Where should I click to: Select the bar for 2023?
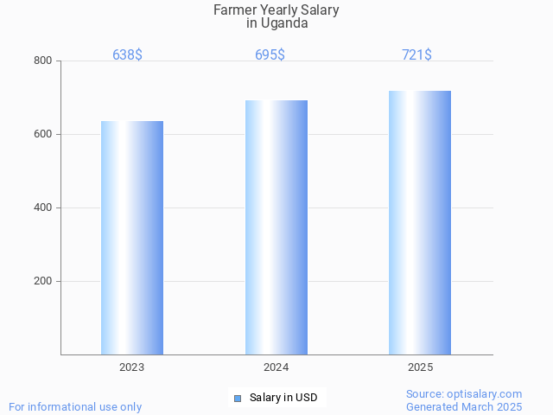click(x=132, y=238)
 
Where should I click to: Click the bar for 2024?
click(x=276, y=227)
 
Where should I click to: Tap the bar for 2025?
click(x=420, y=222)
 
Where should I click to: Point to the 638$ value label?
click(x=127, y=55)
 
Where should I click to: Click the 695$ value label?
click(x=270, y=55)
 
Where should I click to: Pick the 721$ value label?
click(x=416, y=55)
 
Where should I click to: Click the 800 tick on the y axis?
click(x=42, y=61)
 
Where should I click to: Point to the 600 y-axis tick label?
click(x=42, y=134)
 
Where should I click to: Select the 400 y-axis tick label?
click(x=42, y=207)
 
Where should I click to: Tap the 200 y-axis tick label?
click(x=42, y=281)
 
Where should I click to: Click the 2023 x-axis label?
click(x=132, y=367)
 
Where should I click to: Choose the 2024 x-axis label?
click(x=276, y=367)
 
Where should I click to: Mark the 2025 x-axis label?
click(x=420, y=367)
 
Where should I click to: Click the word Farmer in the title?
click(x=234, y=10)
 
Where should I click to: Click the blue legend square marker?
click(x=238, y=398)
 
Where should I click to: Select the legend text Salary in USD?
click(x=283, y=398)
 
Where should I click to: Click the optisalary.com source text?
click(x=464, y=394)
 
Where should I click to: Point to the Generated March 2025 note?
click(x=464, y=406)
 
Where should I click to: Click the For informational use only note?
click(x=75, y=406)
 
